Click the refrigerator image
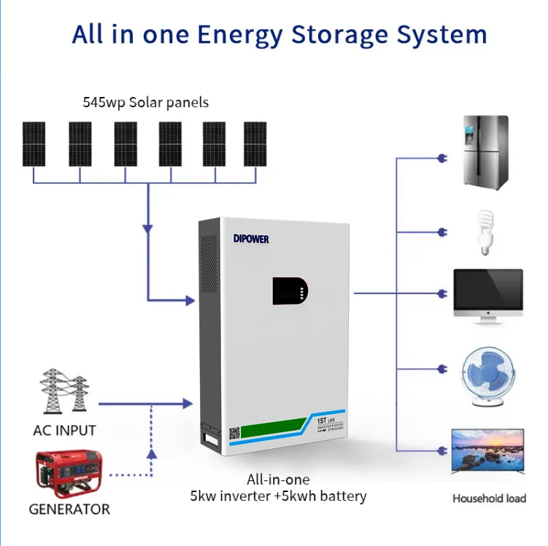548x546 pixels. [485, 152]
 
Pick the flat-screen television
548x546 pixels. [487, 453]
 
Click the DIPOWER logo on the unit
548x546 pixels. [252, 238]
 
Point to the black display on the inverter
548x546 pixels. [290, 291]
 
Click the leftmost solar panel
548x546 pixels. [33, 143]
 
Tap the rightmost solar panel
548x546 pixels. [255, 143]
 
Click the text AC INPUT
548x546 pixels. [64, 430]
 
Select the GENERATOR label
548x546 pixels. [69, 510]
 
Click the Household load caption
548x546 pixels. [489, 499]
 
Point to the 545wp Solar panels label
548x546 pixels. [146, 102]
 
